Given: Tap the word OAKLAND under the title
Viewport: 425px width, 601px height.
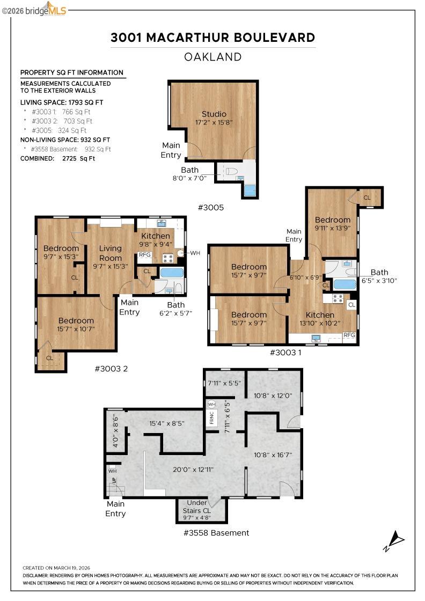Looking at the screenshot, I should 213,57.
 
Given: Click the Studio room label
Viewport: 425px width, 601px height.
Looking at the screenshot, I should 214,114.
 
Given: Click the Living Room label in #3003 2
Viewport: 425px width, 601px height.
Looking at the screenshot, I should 111,253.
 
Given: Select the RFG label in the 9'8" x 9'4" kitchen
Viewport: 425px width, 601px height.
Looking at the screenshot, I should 145,255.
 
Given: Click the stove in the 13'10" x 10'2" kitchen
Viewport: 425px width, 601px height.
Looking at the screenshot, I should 338,298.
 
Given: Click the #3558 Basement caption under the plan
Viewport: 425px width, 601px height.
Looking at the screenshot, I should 216,533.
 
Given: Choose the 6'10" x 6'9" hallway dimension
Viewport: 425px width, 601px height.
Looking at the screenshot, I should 305,278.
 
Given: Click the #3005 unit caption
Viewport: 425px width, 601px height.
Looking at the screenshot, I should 210,208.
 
